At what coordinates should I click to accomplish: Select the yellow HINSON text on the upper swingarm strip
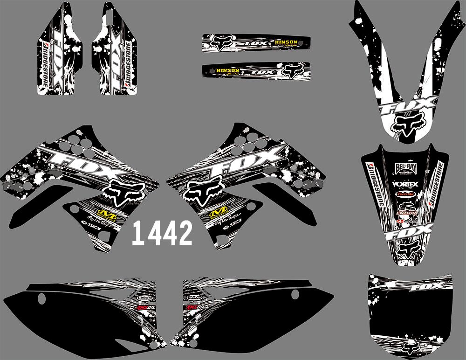tap(286, 42)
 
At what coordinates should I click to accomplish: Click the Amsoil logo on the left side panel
tap(143, 307)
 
